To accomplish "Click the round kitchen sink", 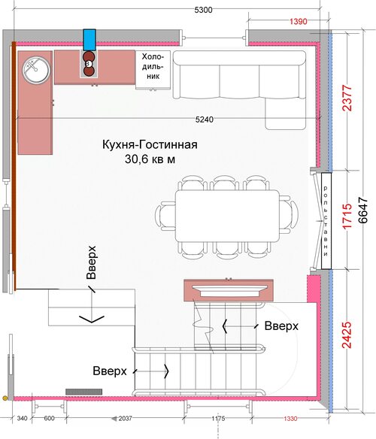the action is tap(36, 70).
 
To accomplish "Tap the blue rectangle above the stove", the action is tap(89, 40).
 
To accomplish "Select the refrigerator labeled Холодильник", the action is tap(153, 70).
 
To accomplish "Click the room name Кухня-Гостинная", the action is tap(150, 144).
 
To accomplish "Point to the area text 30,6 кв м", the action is tap(150, 159).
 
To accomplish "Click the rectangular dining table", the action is tap(227, 216).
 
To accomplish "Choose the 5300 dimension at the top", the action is tap(203, 10).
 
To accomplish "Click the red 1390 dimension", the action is tap(298, 21).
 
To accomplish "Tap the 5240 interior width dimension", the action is tap(205, 120).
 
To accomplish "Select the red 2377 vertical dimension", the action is tap(347, 98).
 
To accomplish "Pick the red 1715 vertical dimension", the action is tap(347, 216).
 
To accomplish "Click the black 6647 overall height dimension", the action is tap(363, 210).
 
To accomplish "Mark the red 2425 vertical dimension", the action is tap(347, 335).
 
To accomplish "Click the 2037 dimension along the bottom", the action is tap(125, 418).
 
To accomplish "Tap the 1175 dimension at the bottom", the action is tap(218, 418).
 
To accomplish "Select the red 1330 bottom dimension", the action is tap(290, 418).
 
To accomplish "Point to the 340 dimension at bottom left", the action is tap(22, 418).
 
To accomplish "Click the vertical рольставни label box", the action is tap(326, 221).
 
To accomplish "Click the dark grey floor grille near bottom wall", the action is tap(83, 392).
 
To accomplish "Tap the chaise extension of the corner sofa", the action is tap(286, 114).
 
